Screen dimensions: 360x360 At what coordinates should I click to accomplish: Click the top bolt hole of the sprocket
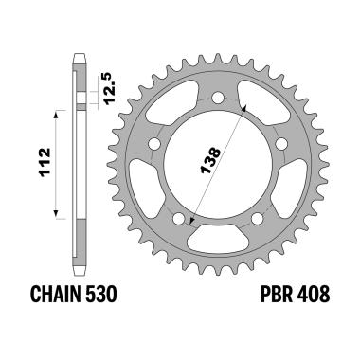(x=217, y=98)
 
